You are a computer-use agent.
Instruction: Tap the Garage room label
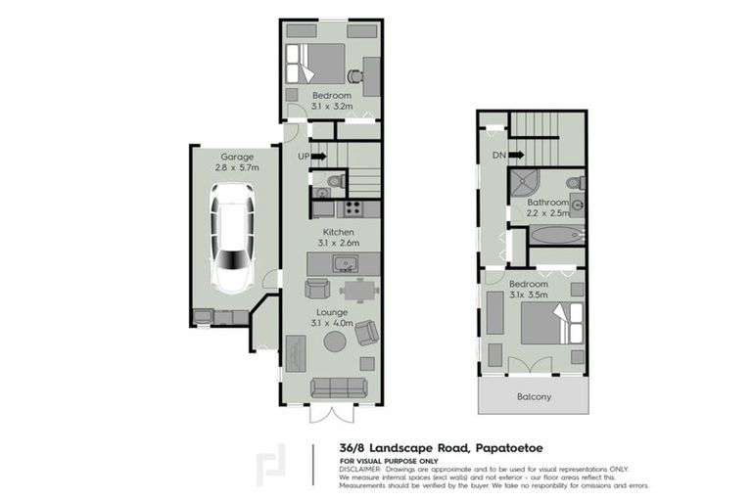click(x=236, y=157)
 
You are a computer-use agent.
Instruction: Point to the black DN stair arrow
click(x=516, y=155)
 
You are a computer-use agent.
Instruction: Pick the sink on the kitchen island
click(x=344, y=263)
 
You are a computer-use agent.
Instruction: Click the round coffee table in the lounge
click(x=334, y=342)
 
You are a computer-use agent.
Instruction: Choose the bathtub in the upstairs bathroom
click(x=556, y=235)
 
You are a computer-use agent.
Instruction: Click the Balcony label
click(x=534, y=397)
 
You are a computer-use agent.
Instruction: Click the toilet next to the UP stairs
click(x=333, y=181)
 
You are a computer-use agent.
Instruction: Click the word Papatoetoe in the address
click(x=525, y=447)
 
